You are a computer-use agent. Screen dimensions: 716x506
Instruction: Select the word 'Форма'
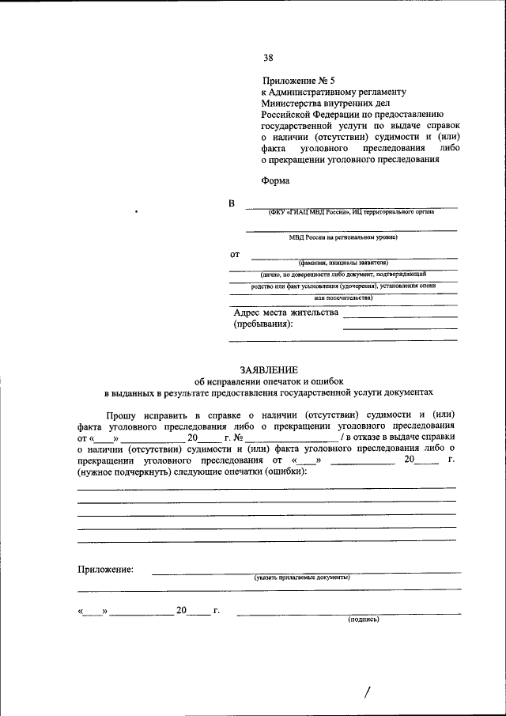click(276, 180)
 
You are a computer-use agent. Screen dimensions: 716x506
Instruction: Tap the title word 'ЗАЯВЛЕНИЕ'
click(269, 369)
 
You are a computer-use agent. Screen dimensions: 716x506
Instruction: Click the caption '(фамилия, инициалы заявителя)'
click(342, 263)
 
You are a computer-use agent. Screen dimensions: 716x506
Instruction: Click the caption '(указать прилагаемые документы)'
click(302, 578)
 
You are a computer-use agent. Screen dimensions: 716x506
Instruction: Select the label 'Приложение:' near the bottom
click(105, 570)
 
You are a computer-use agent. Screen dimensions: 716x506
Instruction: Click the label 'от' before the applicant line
click(235, 255)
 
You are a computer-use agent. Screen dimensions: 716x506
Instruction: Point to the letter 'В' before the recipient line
click(232, 205)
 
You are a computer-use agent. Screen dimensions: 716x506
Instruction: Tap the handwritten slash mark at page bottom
click(366, 693)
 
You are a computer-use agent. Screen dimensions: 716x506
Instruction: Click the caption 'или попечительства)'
click(342, 297)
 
